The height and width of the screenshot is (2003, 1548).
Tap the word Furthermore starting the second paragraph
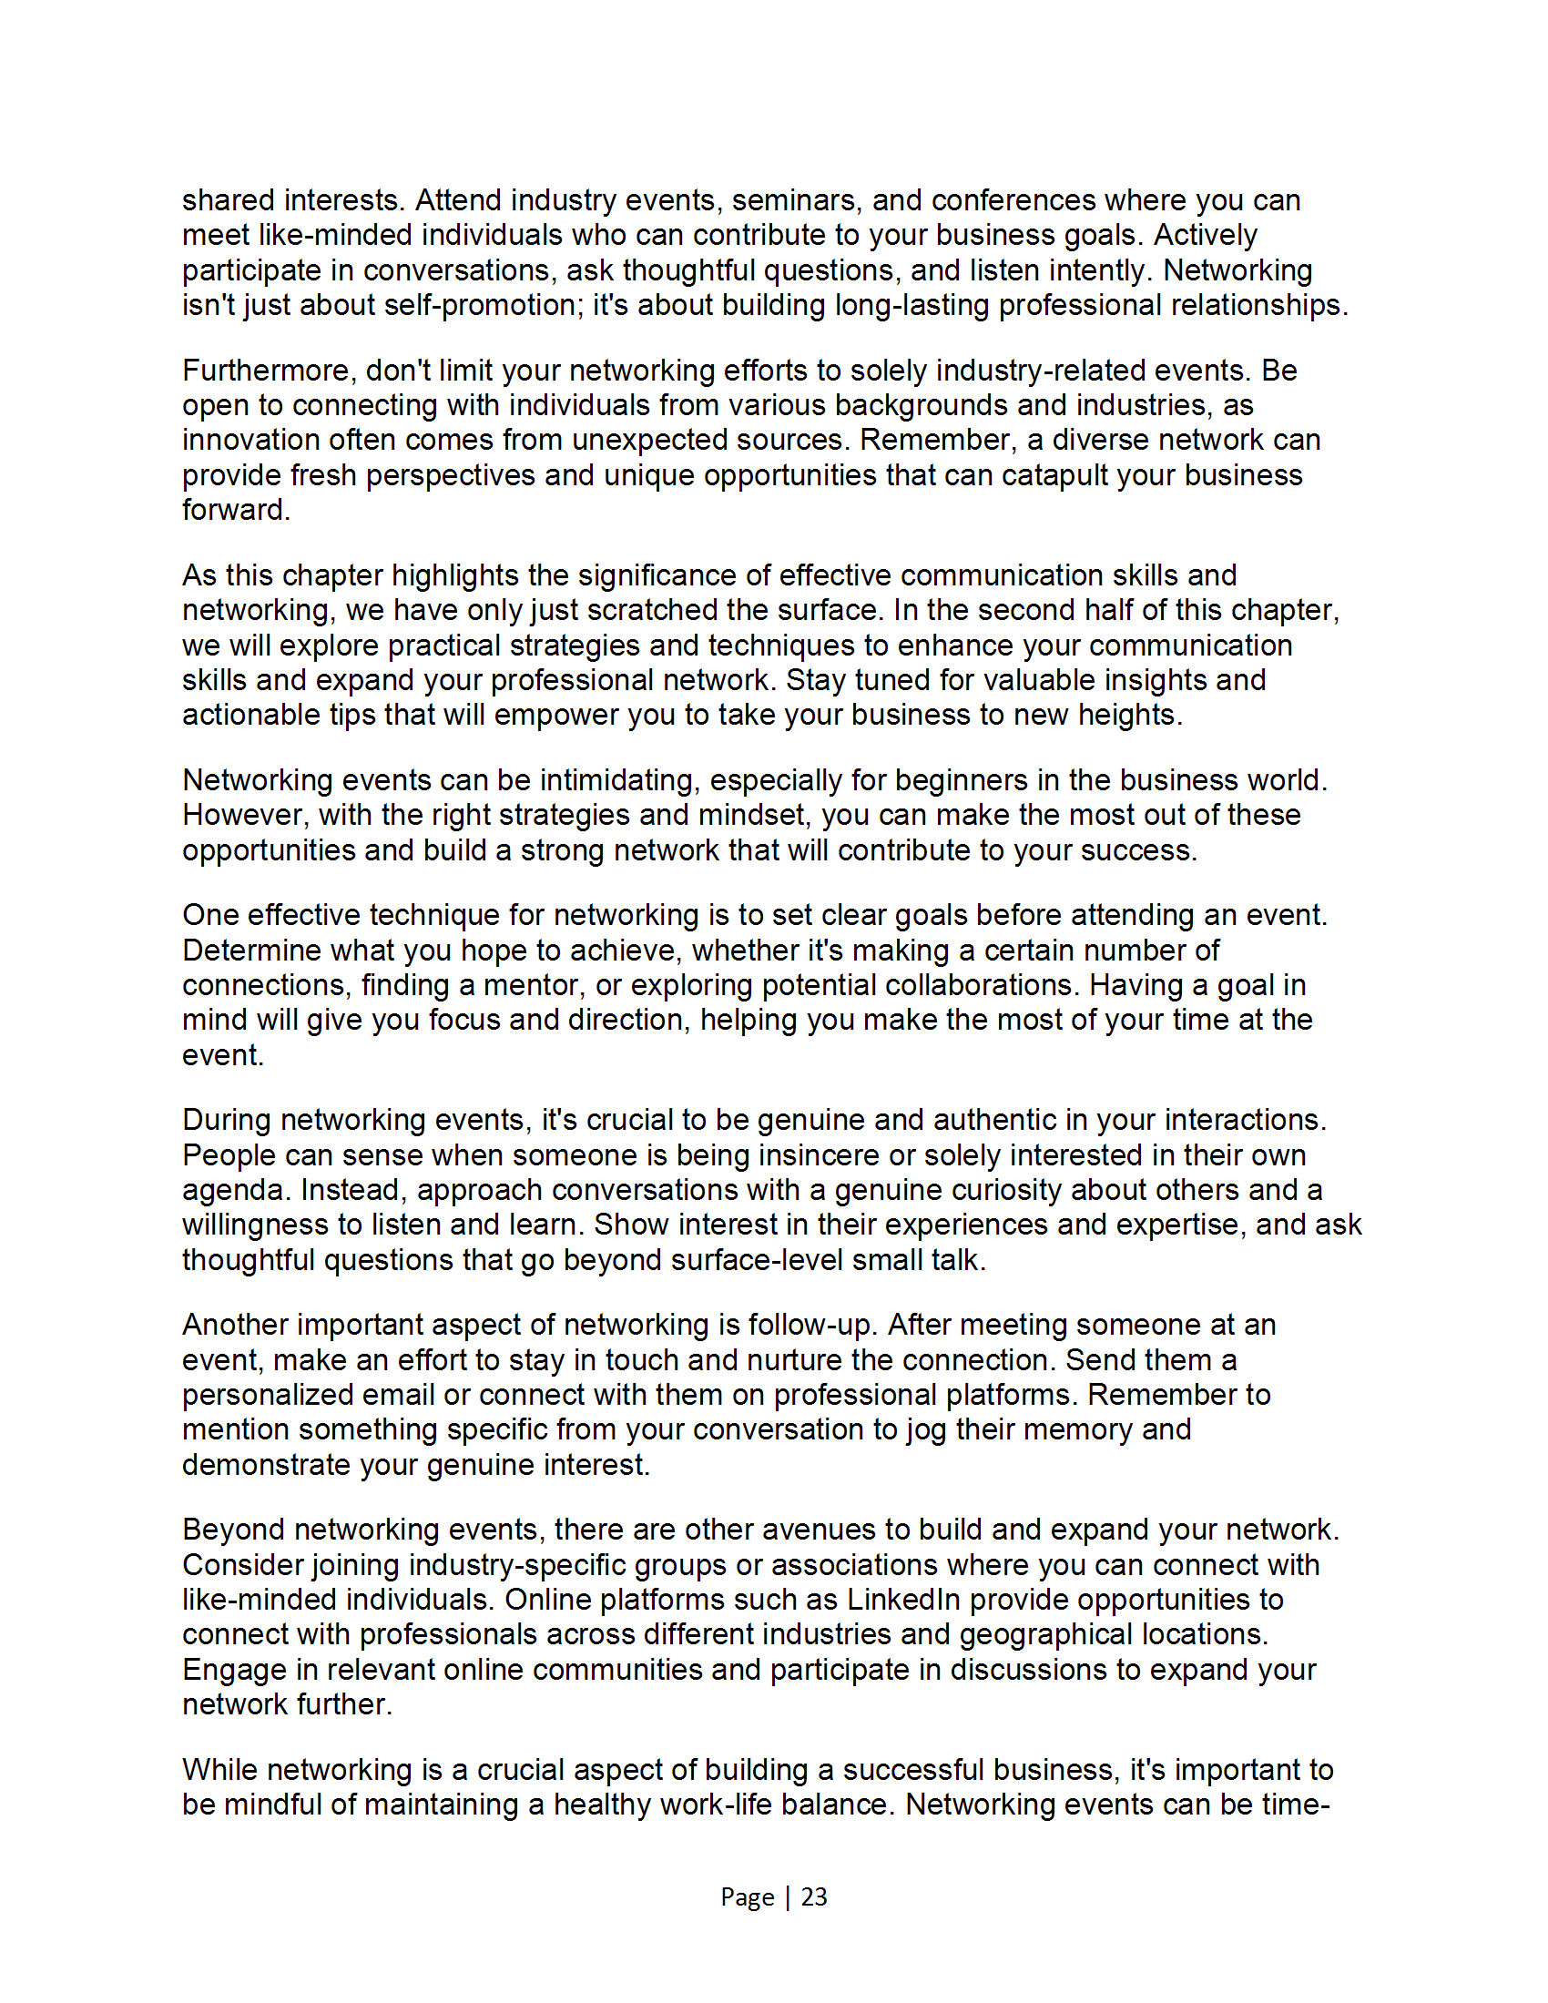pos(269,371)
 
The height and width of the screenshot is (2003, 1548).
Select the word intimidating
pos(620,780)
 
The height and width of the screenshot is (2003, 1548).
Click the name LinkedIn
pos(902,1599)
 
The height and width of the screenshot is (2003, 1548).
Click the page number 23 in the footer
pos(813,1896)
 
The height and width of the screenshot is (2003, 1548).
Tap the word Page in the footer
pos(747,1896)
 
